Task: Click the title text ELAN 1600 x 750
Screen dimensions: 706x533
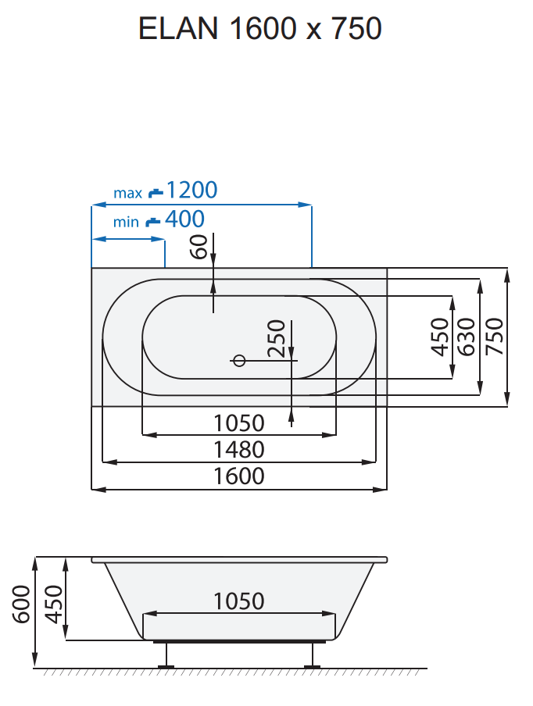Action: point(259,30)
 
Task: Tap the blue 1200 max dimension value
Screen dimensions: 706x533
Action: point(191,190)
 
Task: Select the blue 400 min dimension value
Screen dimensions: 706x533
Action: point(184,219)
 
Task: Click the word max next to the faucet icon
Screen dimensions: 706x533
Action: point(127,193)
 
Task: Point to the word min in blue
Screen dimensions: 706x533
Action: point(126,223)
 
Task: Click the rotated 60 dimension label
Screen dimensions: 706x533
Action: point(199,247)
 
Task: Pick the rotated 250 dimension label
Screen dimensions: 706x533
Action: point(275,338)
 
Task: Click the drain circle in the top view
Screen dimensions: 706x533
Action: point(239,360)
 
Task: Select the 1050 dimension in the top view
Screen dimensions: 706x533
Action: point(239,423)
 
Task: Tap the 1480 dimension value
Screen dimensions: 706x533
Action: point(239,450)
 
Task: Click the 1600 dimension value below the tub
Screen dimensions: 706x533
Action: point(239,476)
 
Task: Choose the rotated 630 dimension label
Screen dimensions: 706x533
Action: point(466,337)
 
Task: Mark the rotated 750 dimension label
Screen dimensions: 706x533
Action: point(494,337)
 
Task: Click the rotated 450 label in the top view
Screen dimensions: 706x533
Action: point(440,337)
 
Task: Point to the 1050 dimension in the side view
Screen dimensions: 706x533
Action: point(239,601)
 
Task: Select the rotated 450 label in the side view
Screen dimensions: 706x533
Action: point(52,604)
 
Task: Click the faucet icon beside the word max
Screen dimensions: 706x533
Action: point(156,192)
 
